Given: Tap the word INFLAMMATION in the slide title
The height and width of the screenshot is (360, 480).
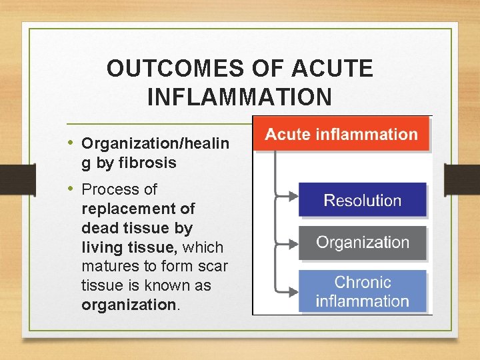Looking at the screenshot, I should (239, 97).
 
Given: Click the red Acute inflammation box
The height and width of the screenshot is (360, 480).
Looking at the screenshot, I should (341, 134).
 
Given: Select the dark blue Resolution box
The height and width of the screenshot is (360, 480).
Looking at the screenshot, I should (362, 200).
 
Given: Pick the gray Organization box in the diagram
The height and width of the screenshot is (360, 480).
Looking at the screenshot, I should (362, 242).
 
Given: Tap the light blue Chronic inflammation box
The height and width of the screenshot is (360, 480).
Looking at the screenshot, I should (362, 291).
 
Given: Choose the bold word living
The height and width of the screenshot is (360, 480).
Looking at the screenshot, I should (101, 247).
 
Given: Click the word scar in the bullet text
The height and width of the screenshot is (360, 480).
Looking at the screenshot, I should (213, 267).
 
